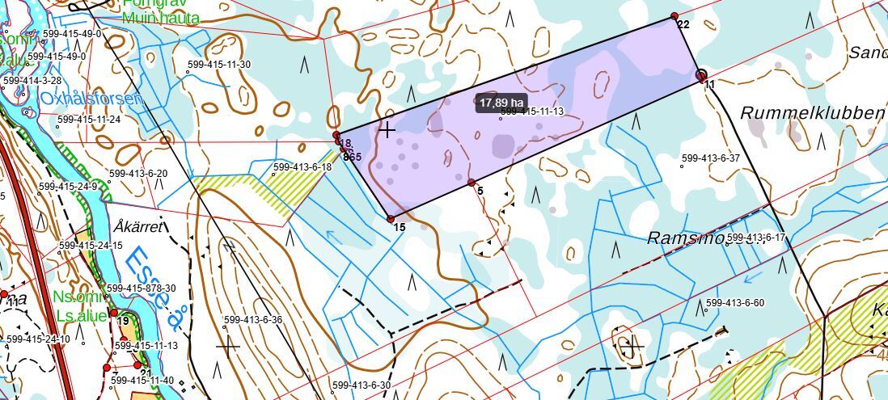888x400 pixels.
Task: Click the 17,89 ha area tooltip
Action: click(x=502, y=103)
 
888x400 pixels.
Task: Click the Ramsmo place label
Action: click(x=685, y=238)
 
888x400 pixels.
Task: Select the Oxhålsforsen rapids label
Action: click(x=91, y=99)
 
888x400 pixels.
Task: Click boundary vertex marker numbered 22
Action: click(x=674, y=17)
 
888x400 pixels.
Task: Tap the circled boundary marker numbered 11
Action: click(x=701, y=75)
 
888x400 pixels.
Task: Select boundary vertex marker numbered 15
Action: click(x=391, y=219)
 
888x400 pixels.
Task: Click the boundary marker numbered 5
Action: click(x=471, y=183)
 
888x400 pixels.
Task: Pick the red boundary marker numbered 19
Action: click(x=114, y=312)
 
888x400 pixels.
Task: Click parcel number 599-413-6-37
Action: click(x=711, y=158)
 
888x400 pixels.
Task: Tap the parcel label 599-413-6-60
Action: click(x=734, y=303)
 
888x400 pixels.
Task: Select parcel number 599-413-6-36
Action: click(x=252, y=320)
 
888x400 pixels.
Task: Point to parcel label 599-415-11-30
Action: click(x=221, y=65)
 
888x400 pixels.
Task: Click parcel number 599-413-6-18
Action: click(x=302, y=167)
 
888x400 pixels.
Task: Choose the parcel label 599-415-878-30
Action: click(x=141, y=288)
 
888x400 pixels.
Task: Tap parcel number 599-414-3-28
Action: click(x=32, y=81)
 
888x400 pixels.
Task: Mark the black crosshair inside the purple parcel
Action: click(x=387, y=129)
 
